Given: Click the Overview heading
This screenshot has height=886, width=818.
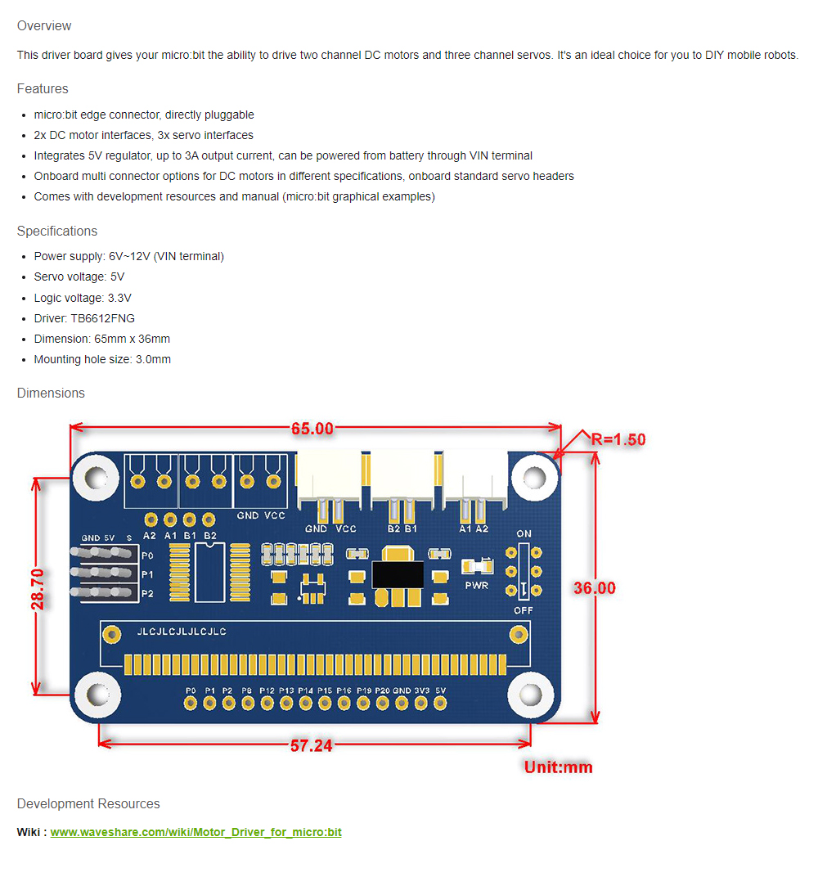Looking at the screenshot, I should coord(44,26).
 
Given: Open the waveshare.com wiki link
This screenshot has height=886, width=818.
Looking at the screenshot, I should coord(196,832).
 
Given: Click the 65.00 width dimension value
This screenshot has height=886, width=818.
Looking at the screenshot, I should coord(312,429).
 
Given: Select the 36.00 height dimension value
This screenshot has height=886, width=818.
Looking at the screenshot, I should coord(594,588).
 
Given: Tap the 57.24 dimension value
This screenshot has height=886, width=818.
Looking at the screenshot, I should coord(311,745).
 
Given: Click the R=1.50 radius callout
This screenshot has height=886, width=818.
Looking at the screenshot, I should coord(618,439).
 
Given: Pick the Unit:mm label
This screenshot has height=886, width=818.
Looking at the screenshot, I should coord(558,767).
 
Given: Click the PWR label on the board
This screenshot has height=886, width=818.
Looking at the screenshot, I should coord(476,586).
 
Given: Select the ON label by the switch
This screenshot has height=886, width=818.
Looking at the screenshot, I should coord(524,534).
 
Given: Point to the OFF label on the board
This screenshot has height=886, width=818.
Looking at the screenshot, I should coord(524,610).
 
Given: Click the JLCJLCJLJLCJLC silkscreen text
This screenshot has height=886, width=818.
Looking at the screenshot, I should coord(182,632).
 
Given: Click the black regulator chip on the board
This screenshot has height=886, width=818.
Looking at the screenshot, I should coord(398,572).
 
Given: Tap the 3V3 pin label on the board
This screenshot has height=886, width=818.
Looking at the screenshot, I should coord(422,690).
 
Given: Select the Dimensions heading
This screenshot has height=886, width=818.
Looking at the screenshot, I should coord(51,394).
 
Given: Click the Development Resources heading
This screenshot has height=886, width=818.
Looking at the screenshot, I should coord(88,804).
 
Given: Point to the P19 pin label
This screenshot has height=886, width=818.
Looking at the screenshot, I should coord(364,690).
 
